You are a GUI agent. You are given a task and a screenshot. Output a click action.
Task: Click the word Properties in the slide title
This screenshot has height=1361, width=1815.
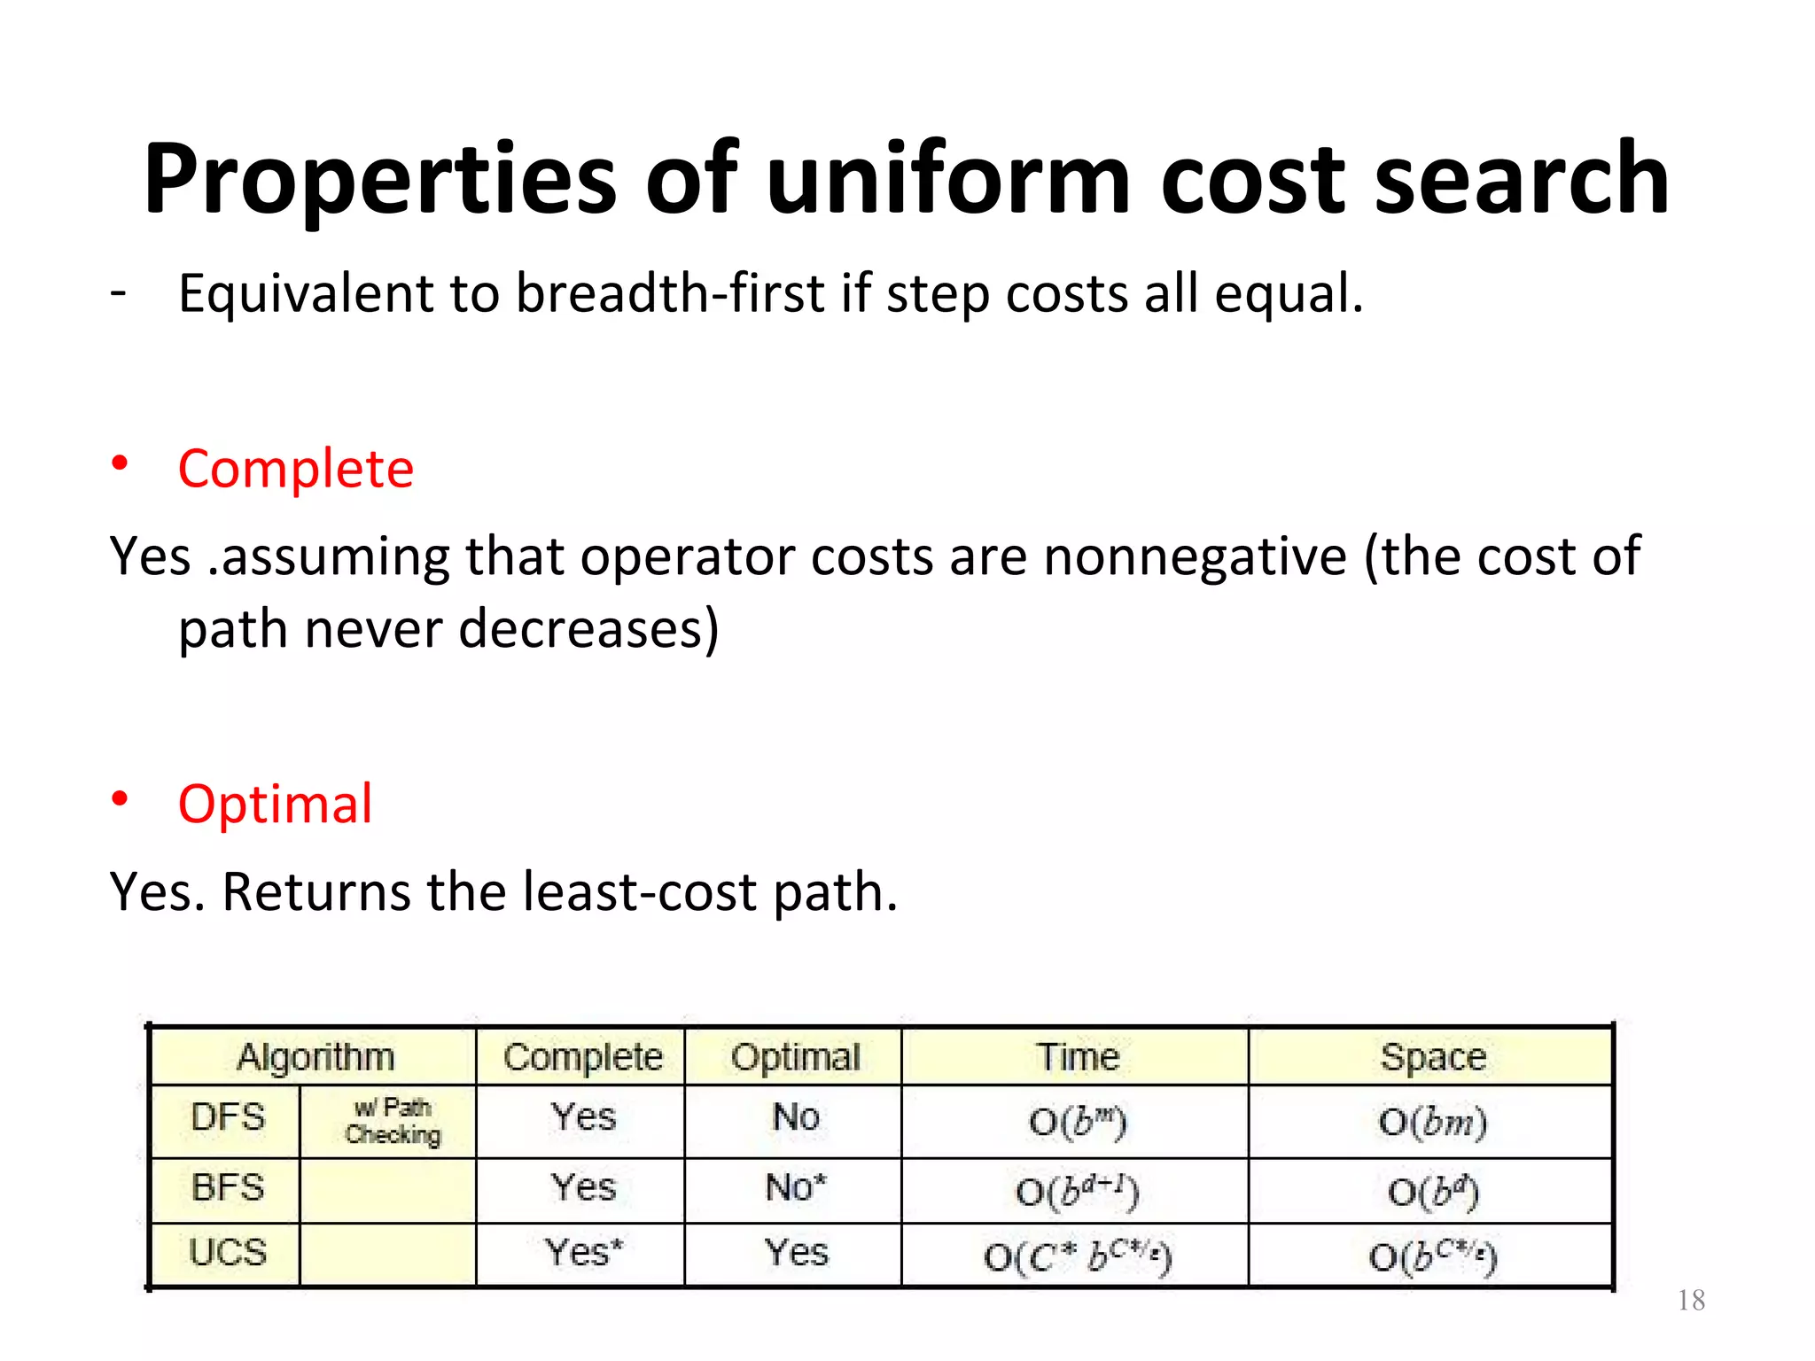(x=379, y=180)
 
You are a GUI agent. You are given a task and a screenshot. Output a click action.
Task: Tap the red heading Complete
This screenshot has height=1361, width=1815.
(x=296, y=469)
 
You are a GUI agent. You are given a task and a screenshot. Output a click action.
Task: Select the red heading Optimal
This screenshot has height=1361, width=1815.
(x=275, y=805)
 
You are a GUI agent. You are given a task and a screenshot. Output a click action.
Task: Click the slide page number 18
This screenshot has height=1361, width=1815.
(x=1691, y=1300)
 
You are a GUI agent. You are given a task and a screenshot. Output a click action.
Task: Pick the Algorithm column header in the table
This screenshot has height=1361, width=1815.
(x=315, y=1057)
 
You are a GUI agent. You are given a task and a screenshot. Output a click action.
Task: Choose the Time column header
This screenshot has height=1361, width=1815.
(x=1078, y=1057)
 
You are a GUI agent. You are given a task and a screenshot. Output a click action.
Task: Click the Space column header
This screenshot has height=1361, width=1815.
(x=1432, y=1057)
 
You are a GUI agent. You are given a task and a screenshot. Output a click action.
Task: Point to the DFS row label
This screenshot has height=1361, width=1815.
(x=228, y=1117)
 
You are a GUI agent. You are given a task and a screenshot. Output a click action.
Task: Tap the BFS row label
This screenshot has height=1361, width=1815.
(x=228, y=1187)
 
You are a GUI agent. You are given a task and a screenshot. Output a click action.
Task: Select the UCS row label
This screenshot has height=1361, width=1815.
(x=228, y=1253)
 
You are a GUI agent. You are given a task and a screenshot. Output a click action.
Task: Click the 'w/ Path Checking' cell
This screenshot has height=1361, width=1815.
(x=392, y=1121)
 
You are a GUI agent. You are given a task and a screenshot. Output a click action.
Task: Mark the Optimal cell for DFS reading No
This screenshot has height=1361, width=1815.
(x=796, y=1117)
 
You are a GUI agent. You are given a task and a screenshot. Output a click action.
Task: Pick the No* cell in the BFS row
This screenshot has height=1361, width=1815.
(x=796, y=1187)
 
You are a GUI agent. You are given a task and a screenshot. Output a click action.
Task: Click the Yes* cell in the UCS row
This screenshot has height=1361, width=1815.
(x=583, y=1253)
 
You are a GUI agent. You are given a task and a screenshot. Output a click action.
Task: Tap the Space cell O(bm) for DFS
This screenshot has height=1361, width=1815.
(x=1432, y=1123)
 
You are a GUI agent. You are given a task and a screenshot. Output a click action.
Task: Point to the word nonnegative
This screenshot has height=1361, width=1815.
(x=1195, y=557)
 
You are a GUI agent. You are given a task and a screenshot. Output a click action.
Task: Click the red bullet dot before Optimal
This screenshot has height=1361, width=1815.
(x=120, y=799)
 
